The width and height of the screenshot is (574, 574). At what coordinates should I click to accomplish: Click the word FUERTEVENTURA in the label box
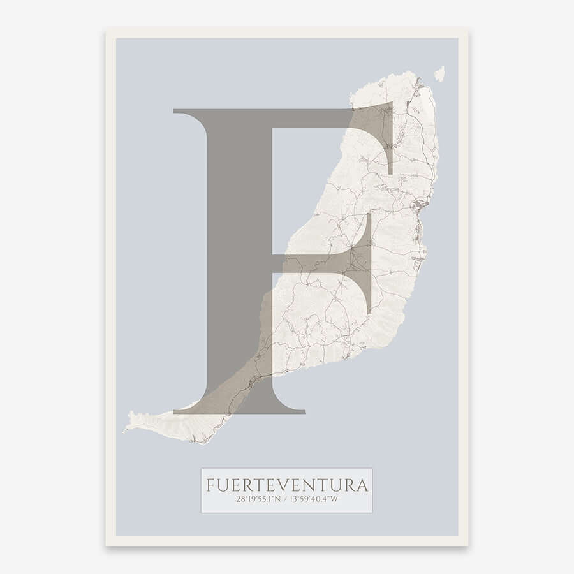287,485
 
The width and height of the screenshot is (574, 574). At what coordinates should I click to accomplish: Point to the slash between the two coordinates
286,500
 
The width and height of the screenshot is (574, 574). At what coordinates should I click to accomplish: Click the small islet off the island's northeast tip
439,73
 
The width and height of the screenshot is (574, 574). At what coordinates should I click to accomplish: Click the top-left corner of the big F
176,111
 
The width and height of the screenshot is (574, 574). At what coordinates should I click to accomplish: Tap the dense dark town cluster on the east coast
418,206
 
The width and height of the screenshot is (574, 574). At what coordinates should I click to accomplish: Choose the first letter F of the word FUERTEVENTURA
210,485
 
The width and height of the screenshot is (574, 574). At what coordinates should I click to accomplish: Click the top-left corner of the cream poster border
107,29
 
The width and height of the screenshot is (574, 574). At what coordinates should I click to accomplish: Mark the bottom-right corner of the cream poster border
467,545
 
